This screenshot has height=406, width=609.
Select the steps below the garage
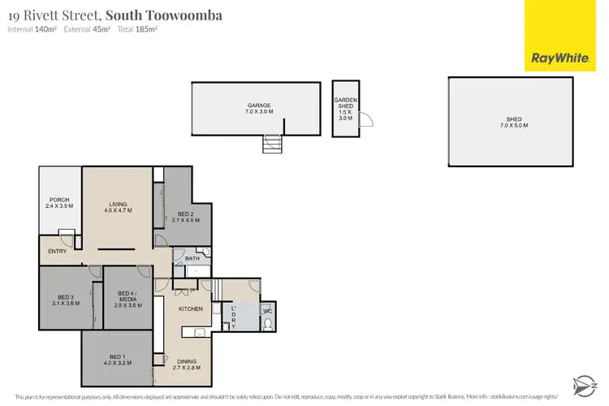pos(272,144)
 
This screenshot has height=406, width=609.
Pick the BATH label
pos(192,259)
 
